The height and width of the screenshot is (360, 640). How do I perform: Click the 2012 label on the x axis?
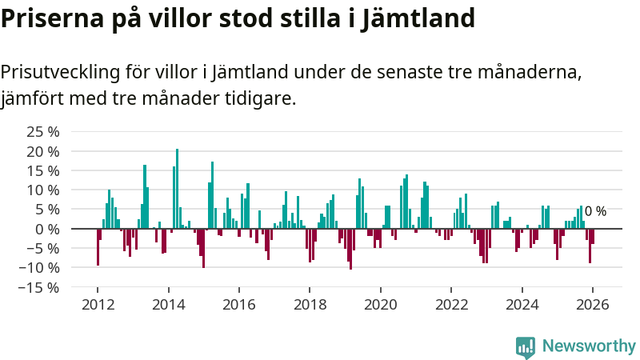point(98,305)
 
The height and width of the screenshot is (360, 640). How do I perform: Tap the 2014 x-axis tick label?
point(168,305)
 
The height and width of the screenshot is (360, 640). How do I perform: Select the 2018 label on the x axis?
point(310,305)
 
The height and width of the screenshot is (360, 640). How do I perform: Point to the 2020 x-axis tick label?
point(380,305)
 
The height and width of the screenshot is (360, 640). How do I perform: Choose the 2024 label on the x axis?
point(522,305)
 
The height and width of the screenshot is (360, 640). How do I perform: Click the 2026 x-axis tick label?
point(592,305)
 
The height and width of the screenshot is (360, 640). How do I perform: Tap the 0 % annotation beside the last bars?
point(595,212)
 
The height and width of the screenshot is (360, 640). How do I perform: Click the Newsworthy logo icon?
point(525,346)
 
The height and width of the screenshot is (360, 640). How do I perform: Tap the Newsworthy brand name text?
point(589,346)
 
